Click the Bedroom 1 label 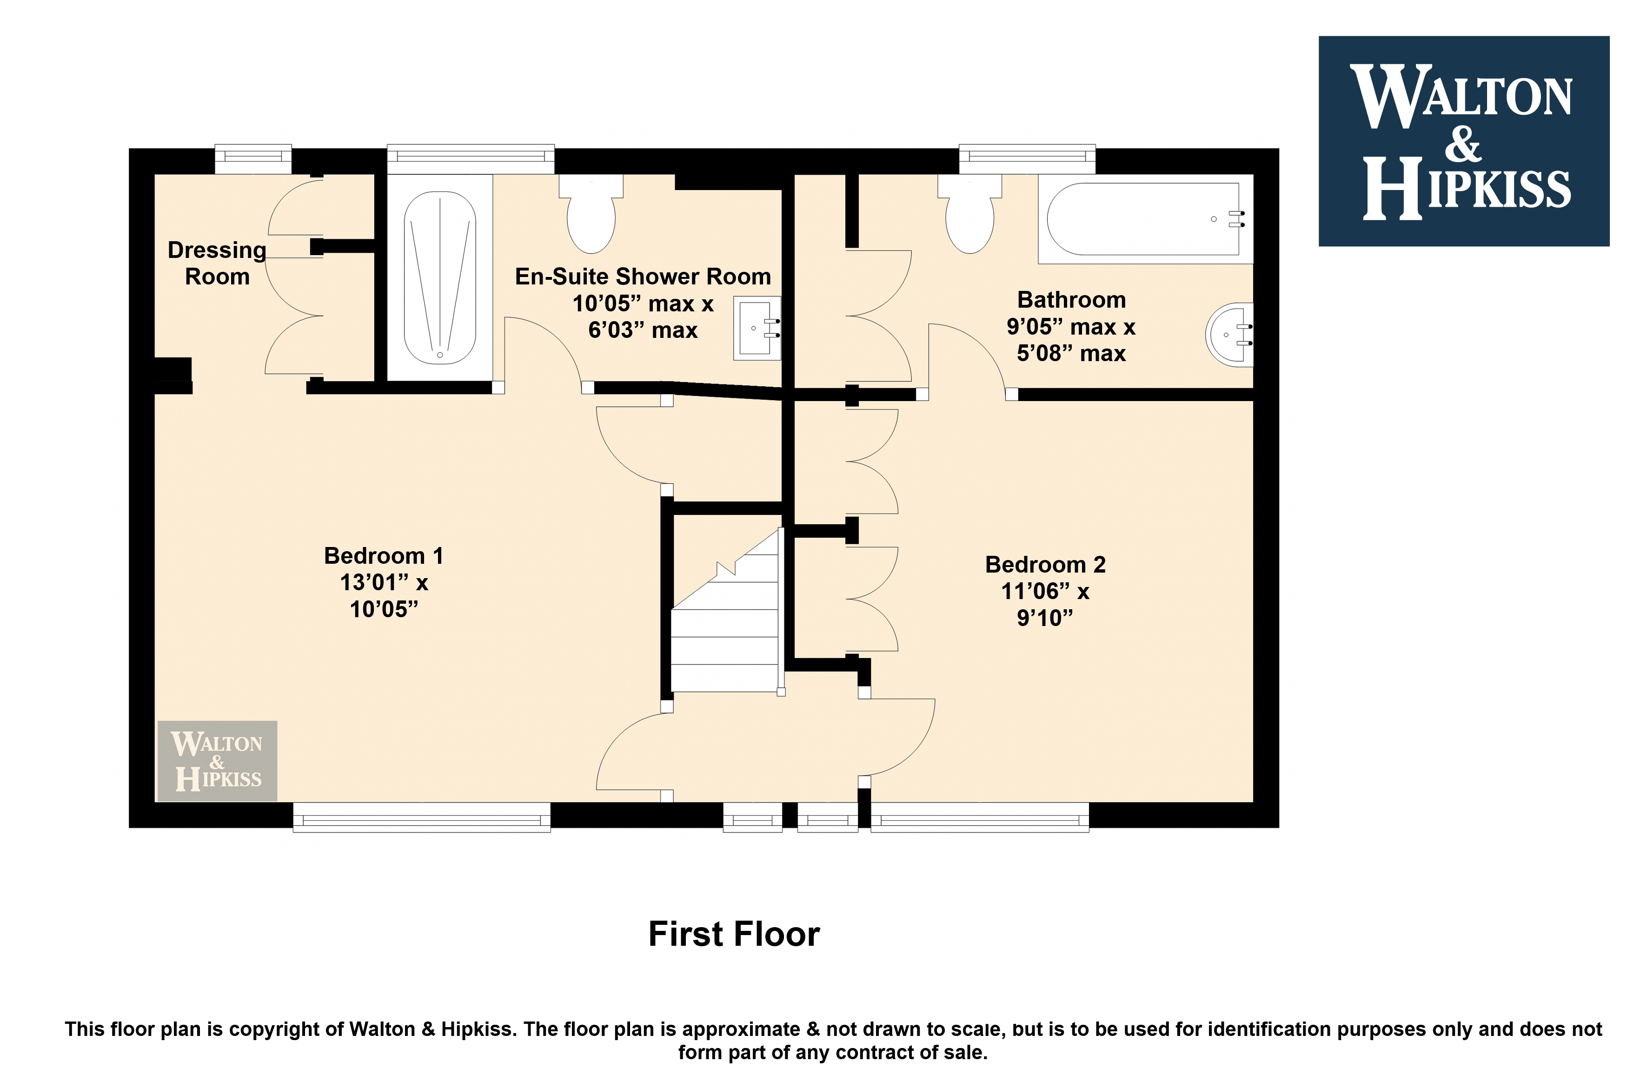(384, 556)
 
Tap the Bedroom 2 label (1045, 565)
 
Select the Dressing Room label (217, 263)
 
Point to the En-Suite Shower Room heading (643, 277)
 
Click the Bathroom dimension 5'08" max (1071, 354)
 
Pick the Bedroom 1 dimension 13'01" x (384, 582)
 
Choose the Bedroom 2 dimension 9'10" (1045, 618)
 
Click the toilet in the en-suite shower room (591, 214)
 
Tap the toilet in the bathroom (969, 214)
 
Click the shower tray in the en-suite (440, 278)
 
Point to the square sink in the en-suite (757, 328)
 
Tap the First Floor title (734, 934)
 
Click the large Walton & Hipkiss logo (1463, 141)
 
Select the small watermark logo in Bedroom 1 (217, 761)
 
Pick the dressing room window (253, 159)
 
